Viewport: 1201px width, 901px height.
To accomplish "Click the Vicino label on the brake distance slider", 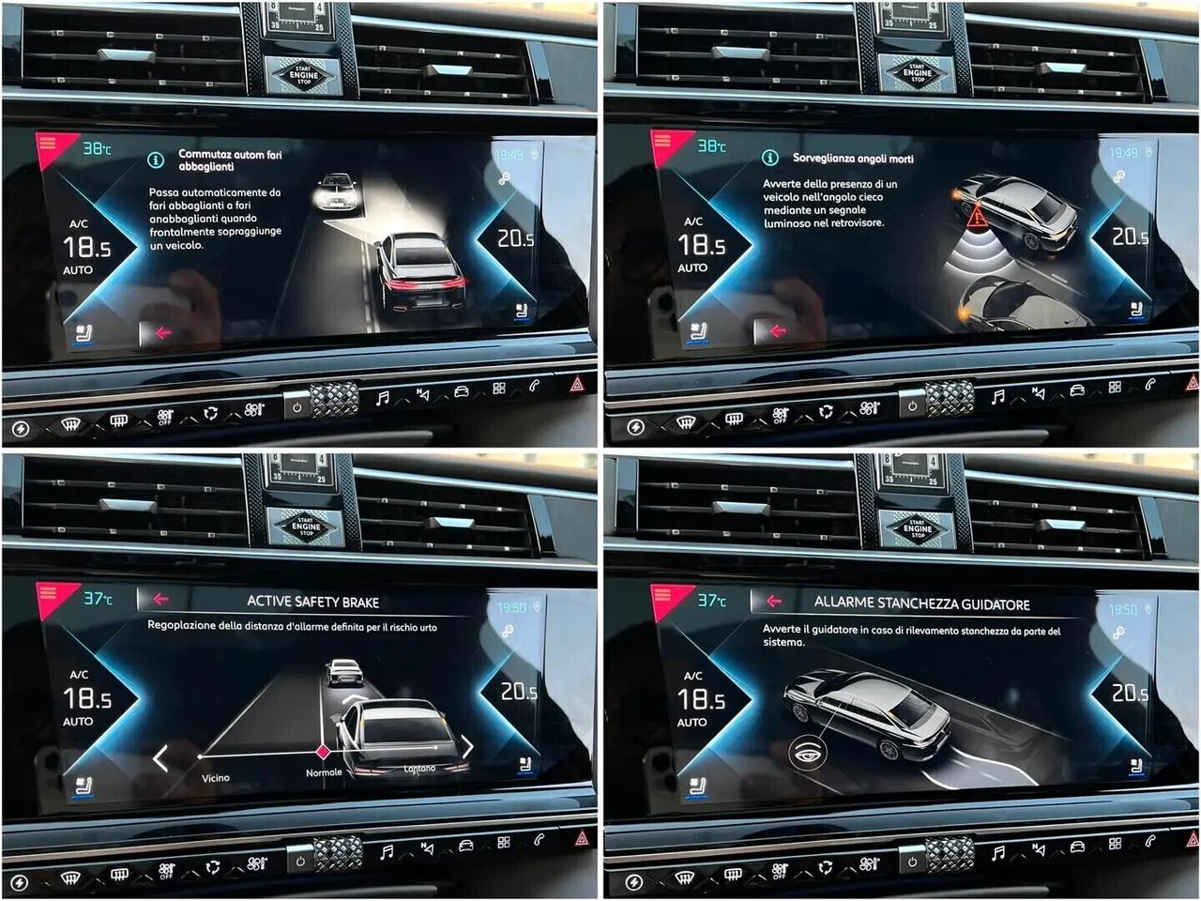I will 215,778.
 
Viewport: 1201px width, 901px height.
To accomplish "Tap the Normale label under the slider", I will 324,773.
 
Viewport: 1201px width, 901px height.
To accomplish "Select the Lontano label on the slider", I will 419,769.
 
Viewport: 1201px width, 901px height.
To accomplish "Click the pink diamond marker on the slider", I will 324,752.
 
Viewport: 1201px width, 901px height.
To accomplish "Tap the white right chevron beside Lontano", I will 466,747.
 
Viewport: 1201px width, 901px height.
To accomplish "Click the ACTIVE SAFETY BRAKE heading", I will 312,602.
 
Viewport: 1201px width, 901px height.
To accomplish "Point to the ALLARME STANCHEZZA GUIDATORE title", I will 921,603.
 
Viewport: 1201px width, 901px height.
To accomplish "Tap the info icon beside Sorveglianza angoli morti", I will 769,158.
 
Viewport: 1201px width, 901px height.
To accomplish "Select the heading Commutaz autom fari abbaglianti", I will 230,160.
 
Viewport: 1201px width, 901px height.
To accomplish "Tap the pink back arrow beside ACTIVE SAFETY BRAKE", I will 160,599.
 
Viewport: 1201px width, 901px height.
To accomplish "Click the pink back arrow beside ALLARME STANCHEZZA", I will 774,601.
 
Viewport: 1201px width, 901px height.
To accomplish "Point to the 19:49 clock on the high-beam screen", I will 509,155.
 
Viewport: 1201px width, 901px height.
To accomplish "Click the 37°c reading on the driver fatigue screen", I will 710,600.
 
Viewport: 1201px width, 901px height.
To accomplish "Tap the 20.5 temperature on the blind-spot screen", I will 1130,237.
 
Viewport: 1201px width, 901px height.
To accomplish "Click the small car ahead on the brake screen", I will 343,671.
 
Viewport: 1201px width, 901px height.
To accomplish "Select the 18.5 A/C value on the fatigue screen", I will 701,700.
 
